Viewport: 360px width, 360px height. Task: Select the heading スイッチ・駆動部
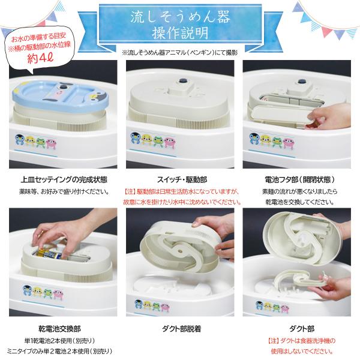[x=180, y=179]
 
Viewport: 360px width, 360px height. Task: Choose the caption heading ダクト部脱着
[x=180, y=328]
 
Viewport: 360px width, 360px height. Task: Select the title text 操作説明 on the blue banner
[x=180, y=29]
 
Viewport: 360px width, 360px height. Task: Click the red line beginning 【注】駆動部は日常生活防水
[x=180, y=191]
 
